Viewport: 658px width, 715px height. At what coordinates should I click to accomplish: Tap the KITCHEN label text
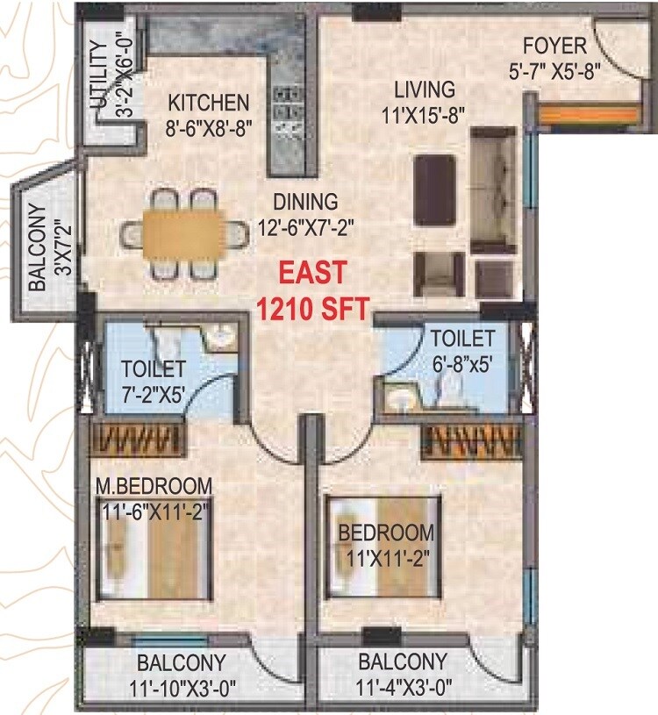pyautogui.click(x=210, y=102)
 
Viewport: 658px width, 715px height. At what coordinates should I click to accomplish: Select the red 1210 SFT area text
pyautogui.click(x=311, y=307)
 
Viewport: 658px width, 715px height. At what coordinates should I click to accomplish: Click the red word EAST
pyautogui.click(x=311, y=274)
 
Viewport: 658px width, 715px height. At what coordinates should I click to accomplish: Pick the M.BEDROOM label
pyautogui.click(x=154, y=485)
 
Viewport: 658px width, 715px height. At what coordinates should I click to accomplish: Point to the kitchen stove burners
pyautogui.click(x=286, y=109)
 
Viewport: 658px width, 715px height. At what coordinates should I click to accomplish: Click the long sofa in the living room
pyautogui.click(x=493, y=189)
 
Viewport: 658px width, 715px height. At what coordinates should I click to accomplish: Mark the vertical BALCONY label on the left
pyautogui.click(x=37, y=247)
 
